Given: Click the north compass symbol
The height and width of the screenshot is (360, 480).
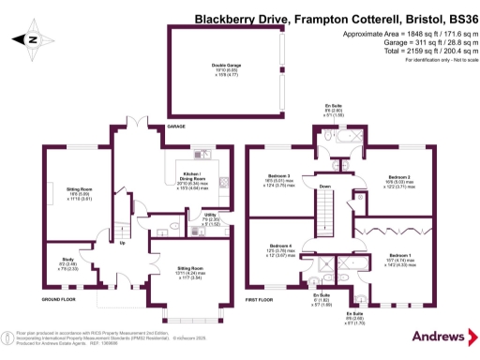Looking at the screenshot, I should [x=32, y=39].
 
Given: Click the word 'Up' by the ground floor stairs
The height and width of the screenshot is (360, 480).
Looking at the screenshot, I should [x=122, y=243].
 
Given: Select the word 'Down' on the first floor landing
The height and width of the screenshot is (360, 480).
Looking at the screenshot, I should [x=324, y=187].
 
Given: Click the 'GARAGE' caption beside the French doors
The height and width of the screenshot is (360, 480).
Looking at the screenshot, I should [x=175, y=125].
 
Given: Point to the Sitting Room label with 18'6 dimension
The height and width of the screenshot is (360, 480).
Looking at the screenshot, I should [x=79, y=189].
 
